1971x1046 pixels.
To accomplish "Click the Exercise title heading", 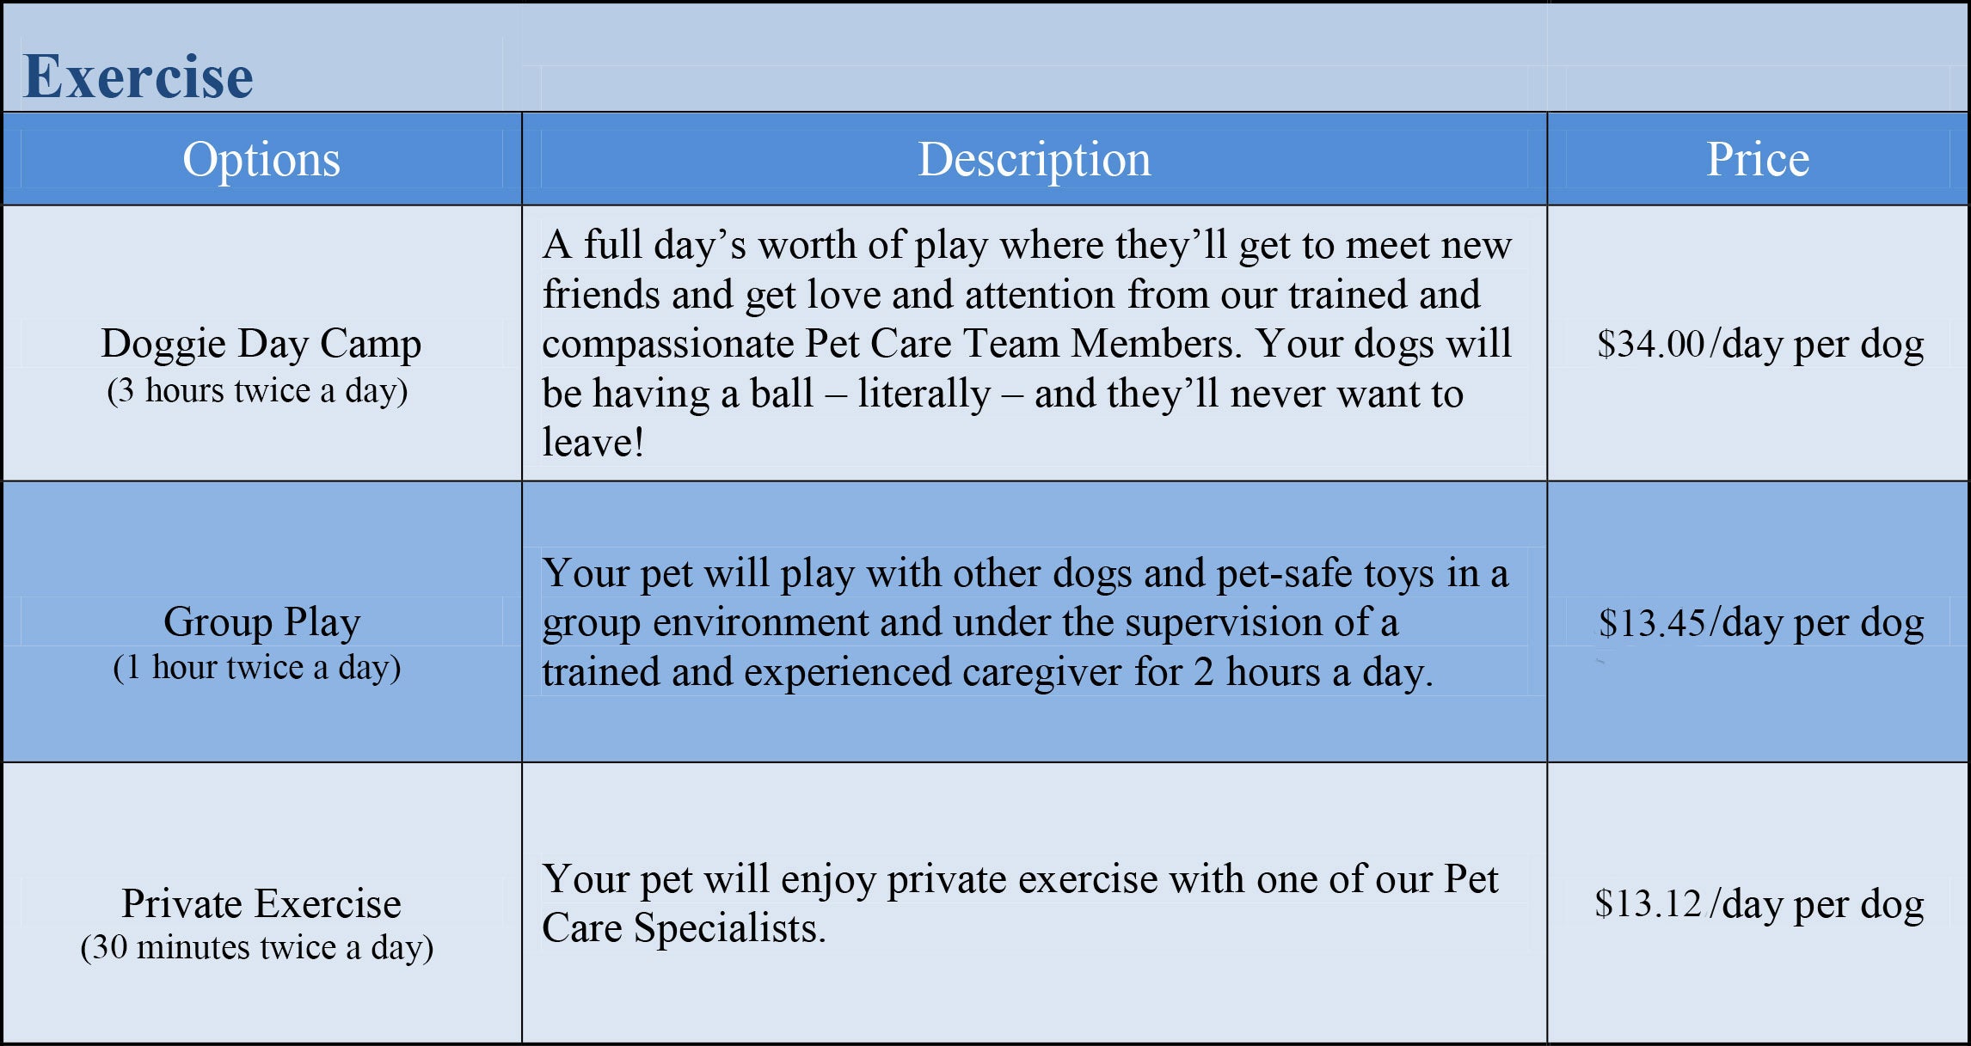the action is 138,76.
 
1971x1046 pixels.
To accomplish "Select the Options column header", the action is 261,160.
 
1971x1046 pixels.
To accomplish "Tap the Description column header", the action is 1035,160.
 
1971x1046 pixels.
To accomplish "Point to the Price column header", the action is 1758,159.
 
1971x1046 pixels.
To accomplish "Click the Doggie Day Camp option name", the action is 261,345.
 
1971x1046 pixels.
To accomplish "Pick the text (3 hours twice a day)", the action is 257,391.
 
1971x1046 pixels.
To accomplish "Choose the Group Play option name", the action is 261,623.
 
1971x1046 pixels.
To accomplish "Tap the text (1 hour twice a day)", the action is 257,668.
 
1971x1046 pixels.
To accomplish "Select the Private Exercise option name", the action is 261,903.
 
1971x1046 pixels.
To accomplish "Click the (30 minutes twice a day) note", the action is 257,948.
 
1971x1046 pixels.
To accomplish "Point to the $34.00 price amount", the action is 1650,344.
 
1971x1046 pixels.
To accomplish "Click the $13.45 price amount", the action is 1652,623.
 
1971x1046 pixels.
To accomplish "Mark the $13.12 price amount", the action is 1649,903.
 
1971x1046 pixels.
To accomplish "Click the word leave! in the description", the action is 593,443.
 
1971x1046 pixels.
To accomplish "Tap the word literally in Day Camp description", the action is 924,395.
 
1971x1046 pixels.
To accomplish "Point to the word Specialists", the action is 730,928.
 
